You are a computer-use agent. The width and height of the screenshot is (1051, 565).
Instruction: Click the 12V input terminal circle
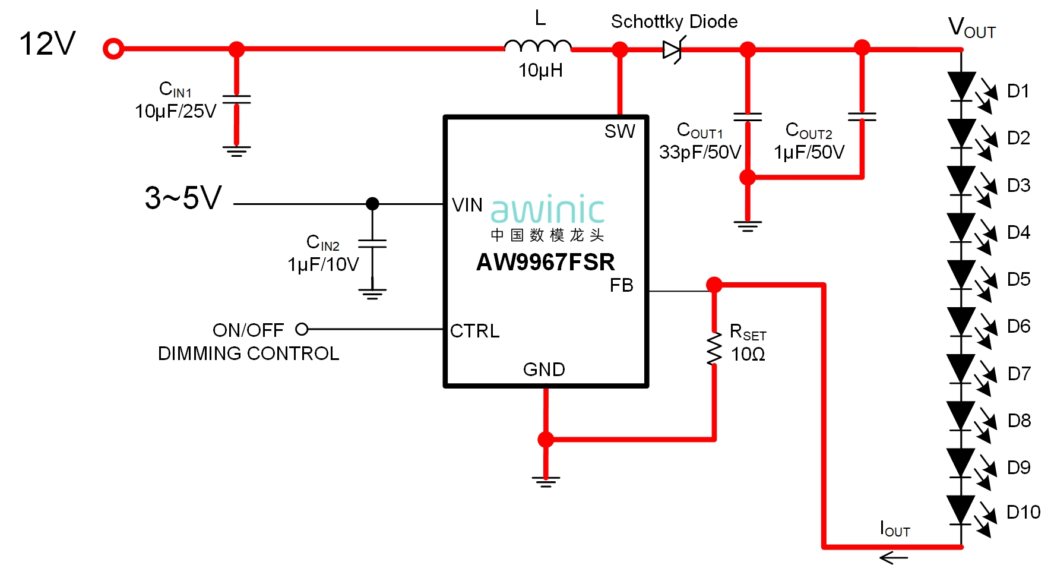pos(113,49)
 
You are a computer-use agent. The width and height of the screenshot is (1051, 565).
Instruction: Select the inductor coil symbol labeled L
pos(537,46)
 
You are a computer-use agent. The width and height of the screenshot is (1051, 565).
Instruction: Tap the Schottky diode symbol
pos(673,50)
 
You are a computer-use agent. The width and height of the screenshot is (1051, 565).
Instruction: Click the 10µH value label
pos(540,71)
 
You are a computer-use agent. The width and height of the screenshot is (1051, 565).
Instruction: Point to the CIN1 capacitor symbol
pos(236,99)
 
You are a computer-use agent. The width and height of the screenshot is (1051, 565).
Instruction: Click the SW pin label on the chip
pos(619,131)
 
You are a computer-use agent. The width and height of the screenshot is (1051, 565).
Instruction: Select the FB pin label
pos(621,286)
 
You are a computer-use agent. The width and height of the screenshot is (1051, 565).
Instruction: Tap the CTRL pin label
pos(474,331)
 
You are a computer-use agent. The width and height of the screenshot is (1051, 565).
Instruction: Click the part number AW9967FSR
pos(545,262)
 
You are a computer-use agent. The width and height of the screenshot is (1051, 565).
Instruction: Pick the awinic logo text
pos(547,209)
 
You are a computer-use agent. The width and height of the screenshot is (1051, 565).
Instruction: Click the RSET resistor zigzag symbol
pos(714,349)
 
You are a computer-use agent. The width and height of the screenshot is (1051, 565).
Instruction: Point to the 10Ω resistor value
pos(748,355)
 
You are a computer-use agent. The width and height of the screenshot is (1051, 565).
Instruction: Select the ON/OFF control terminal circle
pos(302,329)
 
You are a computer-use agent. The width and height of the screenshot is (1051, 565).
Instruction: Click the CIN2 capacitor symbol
pos(372,244)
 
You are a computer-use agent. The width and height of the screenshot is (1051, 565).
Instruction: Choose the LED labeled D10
pos(962,510)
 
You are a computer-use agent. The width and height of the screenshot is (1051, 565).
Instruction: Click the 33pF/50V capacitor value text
pos(700,153)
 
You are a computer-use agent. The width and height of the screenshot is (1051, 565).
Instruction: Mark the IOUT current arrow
pos(894,557)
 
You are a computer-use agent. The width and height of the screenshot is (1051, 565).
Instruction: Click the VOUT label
pos(971,28)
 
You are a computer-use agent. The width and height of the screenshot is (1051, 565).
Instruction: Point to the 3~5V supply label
pos(183,198)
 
